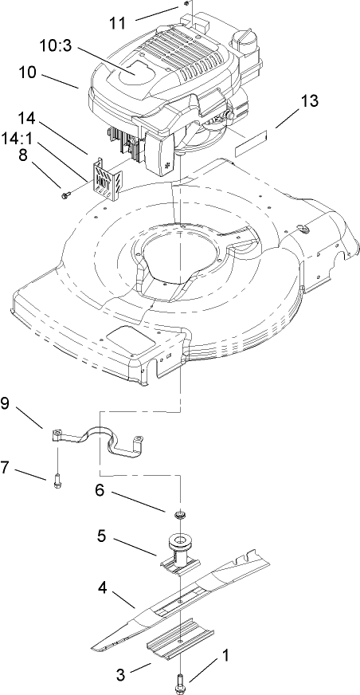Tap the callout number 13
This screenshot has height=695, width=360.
click(310, 100)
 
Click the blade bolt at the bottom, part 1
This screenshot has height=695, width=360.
click(178, 682)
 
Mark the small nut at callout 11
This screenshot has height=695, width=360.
click(184, 6)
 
